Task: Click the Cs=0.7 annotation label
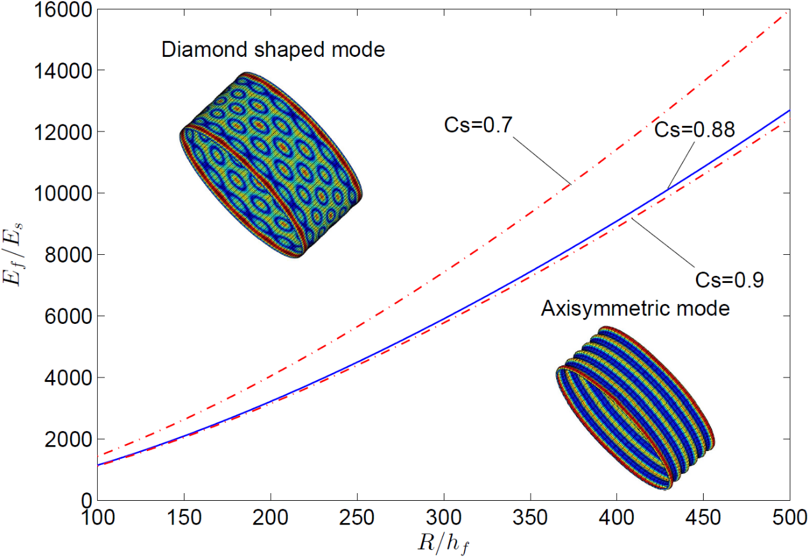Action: (x=469, y=125)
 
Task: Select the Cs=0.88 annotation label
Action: (x=693, y=130)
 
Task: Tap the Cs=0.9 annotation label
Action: (x=729, y=279)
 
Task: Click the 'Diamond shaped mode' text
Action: (x=273, y=49)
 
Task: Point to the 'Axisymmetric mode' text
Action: (x=635, y=309)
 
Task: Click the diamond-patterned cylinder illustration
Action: (x=271, y=165)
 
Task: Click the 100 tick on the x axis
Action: (x=97, y=516)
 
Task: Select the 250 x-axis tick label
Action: (x=357, y=516)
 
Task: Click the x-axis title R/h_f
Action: (x=443, y=542)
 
